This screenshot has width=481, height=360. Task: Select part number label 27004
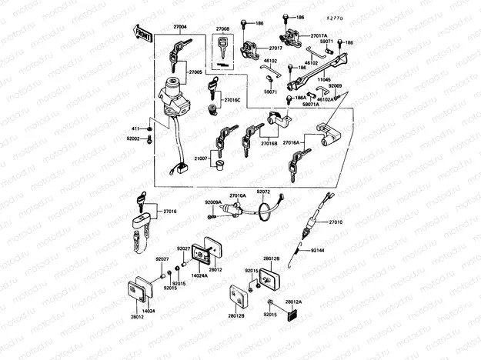coord(180,27)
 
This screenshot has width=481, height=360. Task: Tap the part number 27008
coord(222,28)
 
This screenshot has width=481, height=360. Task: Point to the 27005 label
coord(195,72)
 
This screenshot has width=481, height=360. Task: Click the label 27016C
coord(232,100)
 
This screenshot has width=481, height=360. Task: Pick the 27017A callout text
coord(319,35)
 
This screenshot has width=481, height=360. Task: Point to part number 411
coord(134,128)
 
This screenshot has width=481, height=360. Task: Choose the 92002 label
coord(132,138)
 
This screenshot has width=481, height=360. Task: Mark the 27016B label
coord(269,143)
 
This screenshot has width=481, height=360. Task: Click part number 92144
coord(319,251)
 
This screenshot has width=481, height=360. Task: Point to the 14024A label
coord(199,275)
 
